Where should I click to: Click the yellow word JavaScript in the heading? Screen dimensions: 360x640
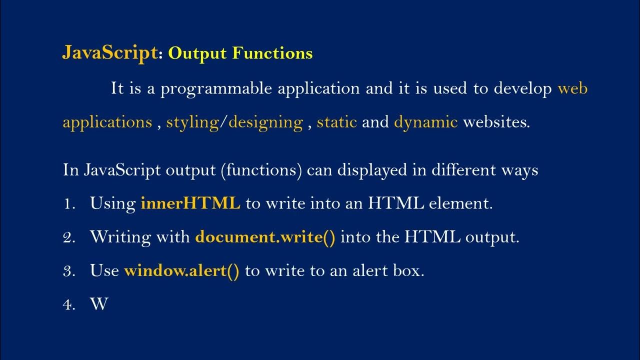(109, 52)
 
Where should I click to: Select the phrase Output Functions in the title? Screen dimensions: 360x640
(240, 53)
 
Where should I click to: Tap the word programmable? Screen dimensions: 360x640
(218, 89)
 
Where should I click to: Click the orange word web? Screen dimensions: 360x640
(572, 89)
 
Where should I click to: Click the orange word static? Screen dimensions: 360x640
(336, 122)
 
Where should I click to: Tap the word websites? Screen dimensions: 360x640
(496, 122)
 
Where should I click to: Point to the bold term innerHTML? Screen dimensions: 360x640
(190, 203)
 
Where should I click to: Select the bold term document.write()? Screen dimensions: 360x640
(265, 237)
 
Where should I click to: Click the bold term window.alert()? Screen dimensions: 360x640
(181, 270)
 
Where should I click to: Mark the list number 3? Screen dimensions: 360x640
(68, 271)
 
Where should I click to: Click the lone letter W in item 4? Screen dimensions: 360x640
(99, 304)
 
